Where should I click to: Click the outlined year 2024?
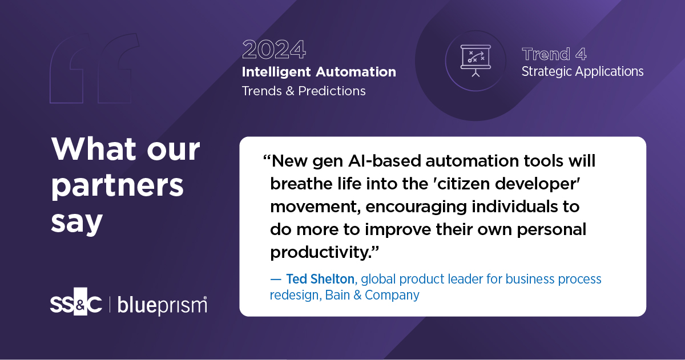point(273,50)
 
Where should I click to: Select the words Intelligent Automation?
point(319,72)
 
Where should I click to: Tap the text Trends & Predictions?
point(304,91)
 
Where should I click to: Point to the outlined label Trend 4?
point(554,54)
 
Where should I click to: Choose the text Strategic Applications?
point(582,72)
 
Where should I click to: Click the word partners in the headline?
point(118,186)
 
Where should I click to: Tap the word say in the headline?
point(76,222)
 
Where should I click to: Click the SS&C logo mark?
point(76,305)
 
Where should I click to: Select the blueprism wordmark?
point(162,305)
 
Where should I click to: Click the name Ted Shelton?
point(320,279)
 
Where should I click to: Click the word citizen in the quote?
point(456,184)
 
